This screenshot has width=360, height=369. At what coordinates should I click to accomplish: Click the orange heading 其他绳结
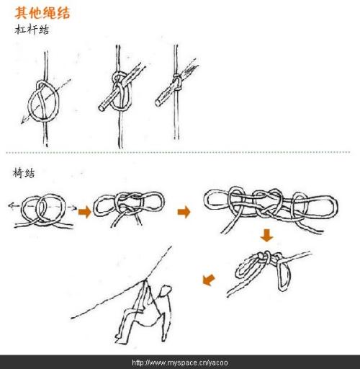click(x=42, y=13)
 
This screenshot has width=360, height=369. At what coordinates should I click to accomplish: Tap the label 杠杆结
click(x=32, y=30)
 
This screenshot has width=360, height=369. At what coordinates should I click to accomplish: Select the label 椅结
click(x=24, y=173)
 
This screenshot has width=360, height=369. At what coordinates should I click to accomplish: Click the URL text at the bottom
click(x=180, y=363)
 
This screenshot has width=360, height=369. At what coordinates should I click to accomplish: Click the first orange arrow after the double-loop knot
click(x=85, y=212)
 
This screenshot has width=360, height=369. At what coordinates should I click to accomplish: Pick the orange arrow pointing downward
click(x=266, y=236)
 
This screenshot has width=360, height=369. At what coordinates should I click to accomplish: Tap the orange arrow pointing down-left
click(x=209, y=280)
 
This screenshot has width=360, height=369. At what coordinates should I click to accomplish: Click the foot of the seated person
click(x=120, y=339)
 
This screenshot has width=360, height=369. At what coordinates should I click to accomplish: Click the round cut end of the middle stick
click(x=102, y=108)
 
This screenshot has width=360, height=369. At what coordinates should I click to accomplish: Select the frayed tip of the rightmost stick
click(x=193, y=65)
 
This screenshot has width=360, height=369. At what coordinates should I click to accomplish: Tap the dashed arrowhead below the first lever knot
click(x=23, y=122)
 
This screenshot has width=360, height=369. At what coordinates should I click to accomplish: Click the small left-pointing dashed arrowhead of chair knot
click(x=11, y=205)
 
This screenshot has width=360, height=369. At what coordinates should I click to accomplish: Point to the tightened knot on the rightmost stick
click(x=177, y=82)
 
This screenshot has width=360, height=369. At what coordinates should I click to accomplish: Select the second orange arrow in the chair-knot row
click(x=184, y=212)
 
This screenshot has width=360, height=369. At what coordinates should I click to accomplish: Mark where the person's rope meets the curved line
click(x=145, y=280)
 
